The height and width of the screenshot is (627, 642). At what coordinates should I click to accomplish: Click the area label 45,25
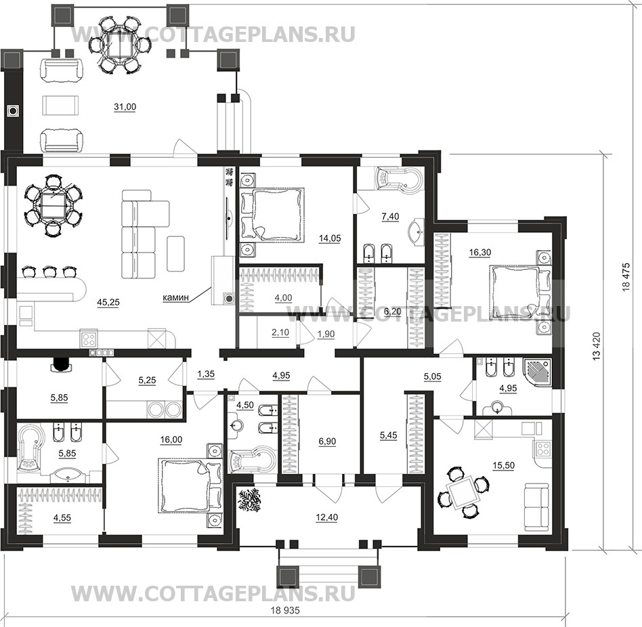click(108, 302)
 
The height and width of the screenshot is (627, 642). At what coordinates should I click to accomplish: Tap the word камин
click(176, 297)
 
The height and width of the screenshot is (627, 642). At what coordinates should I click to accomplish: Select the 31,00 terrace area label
click(125, 107)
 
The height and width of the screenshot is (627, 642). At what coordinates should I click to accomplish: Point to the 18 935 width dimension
click(285, 610)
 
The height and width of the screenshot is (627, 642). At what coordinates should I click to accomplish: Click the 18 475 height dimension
click(626, 277)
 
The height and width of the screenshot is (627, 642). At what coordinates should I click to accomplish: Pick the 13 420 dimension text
click(596, 346)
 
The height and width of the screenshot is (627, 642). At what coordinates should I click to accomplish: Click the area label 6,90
click(327, 441)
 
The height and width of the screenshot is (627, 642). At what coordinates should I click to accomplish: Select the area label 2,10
click(280, 332)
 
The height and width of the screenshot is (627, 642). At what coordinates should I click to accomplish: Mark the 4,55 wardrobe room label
click(62, 518)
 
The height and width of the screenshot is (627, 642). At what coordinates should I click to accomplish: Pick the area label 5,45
click(388, 435)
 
